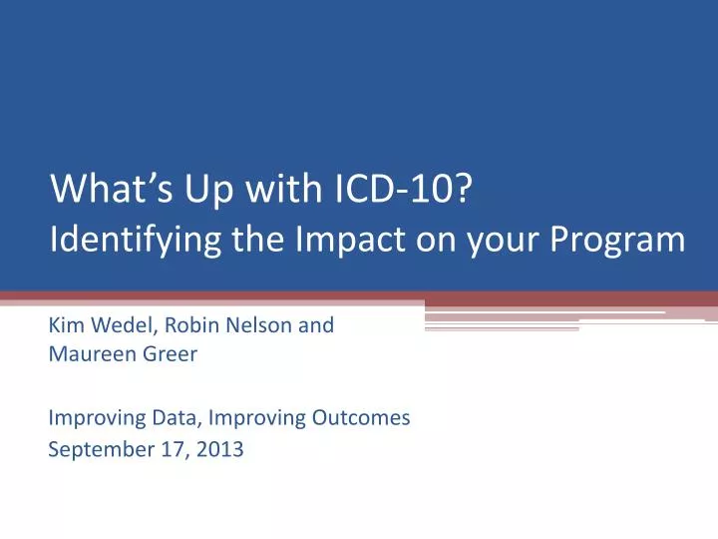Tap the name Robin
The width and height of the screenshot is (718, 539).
[180, 325]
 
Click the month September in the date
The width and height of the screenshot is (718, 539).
[95, 450]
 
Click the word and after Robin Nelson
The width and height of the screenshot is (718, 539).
[316, 325]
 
